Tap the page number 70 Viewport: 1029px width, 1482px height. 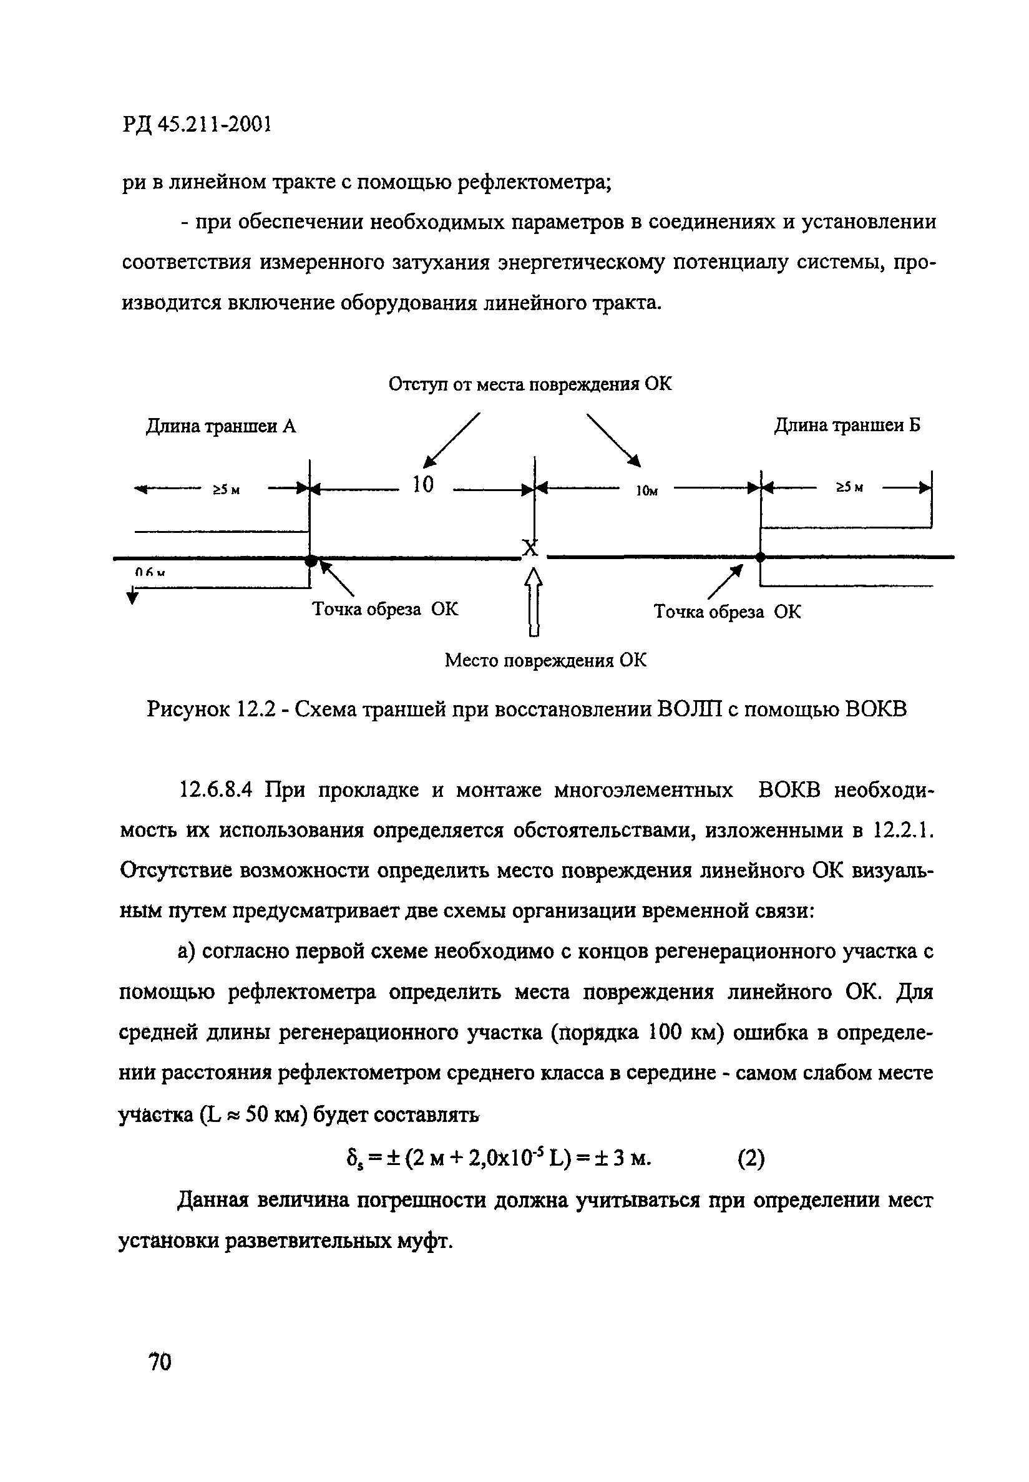160,1362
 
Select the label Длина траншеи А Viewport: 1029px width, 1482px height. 220,426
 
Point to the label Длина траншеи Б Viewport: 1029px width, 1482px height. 847,425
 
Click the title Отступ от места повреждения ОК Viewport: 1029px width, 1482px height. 529,384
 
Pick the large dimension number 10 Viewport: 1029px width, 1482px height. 423,485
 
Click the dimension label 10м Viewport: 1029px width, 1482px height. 646,491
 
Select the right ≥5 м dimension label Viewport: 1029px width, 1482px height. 849,488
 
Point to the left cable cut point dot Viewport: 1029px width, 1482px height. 311,561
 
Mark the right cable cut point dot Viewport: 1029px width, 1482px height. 760,557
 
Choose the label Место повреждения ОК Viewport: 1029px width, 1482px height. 545,660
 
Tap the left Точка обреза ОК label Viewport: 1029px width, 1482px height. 385,609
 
